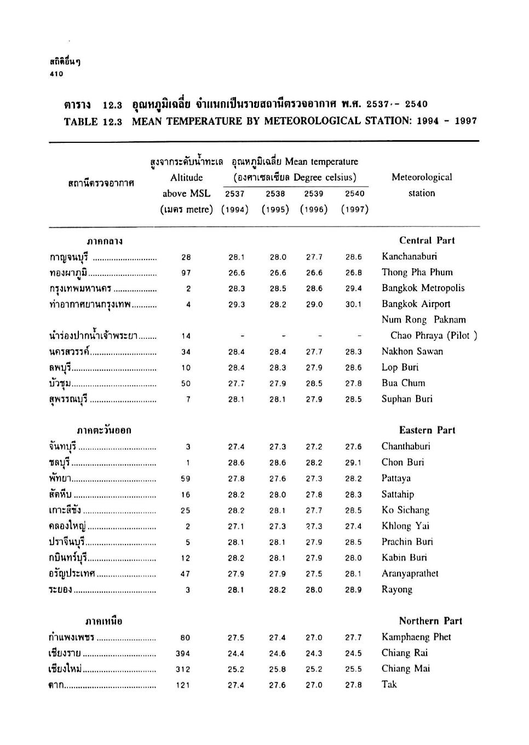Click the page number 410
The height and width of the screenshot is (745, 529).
[x=56, y=74]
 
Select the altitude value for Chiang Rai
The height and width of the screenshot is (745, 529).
[x=183, y=654]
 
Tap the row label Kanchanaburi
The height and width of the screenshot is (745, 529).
[x=409, y=257]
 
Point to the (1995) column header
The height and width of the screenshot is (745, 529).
[x=275, y=210]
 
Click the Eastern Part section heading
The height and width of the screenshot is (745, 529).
[x=427, y=430]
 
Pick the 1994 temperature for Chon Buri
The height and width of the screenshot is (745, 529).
[x=236, y=463]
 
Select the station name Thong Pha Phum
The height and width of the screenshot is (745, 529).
[x=417, y=273]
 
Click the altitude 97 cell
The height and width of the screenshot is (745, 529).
[x=186, y=273]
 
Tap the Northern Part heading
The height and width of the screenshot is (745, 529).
[x=430, y=621]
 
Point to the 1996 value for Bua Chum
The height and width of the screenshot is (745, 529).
[x=314, y=384]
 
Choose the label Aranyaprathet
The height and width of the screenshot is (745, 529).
[x=410, y=574]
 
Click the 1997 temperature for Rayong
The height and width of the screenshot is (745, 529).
[x=354, y=590]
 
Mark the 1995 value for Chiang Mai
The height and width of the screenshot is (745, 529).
[x=277, y=669]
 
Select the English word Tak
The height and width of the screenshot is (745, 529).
[x=389, y=684]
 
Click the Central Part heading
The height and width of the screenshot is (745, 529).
[x=427, y=240]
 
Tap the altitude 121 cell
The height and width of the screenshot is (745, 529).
[x=183, y=685]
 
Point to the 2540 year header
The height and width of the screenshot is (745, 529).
[x=354, y=194]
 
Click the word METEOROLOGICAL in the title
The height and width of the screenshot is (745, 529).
[x=314, y=121]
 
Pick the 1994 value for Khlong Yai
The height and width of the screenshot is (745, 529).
[x=236, y=527]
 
